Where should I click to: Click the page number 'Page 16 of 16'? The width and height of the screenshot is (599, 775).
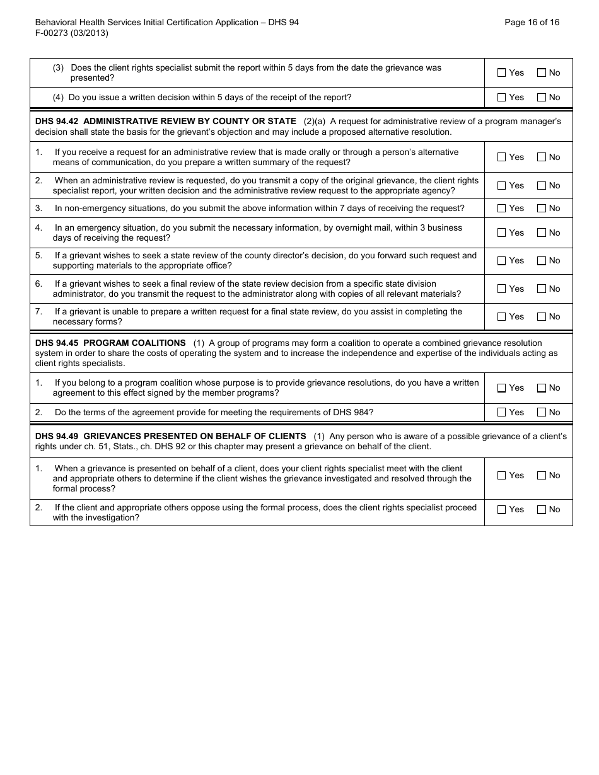532,22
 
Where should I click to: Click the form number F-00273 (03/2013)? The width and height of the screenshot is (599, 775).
72,33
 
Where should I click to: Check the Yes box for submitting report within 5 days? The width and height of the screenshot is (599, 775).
502,72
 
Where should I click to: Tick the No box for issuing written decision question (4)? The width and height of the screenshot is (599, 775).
542,97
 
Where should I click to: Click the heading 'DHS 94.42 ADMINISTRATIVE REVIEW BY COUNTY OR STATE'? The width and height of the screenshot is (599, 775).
166,121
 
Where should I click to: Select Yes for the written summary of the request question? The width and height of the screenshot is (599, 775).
502,157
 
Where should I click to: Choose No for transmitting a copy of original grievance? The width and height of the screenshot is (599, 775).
542,185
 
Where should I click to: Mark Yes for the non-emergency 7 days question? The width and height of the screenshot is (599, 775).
502,208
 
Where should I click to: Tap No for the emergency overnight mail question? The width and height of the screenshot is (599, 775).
542,233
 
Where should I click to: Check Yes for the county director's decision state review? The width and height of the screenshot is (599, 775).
502,260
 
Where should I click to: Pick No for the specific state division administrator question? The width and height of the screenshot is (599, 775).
542,289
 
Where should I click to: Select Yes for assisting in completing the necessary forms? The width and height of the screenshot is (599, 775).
502,316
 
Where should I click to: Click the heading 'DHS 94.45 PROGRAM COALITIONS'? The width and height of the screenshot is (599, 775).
111,343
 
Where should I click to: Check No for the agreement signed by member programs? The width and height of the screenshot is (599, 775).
542,388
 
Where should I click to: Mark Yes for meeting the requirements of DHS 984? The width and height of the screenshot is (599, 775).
502,412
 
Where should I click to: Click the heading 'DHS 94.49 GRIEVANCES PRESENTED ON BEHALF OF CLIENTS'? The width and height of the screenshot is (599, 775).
171,436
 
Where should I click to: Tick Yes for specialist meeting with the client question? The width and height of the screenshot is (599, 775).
502,475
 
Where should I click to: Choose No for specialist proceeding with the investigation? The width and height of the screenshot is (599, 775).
542,509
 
